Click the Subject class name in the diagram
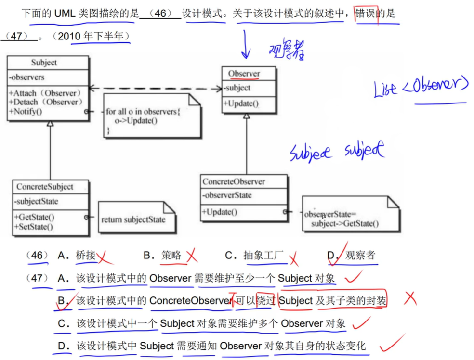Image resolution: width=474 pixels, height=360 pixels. [44, 63]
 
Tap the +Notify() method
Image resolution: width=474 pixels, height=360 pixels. [25, 112]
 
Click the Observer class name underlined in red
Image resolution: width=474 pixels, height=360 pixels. [244, 74]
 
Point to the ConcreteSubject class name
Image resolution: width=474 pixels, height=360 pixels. [45, 187]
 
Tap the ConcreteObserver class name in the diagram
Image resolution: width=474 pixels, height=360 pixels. [234, 181]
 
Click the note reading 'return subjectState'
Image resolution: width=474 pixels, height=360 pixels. [133, 219]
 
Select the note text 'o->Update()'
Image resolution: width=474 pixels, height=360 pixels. [136, 120]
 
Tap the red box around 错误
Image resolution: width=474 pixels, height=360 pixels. [366, 14]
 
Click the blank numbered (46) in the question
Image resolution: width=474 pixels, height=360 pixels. [160, 13]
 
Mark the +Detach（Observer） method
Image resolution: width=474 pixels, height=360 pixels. [46, 102]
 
